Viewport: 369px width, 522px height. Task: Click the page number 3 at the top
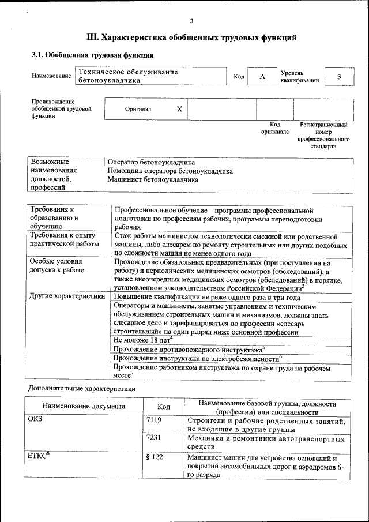tap(191, 21)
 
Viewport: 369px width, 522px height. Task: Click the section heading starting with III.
tap(191, 38)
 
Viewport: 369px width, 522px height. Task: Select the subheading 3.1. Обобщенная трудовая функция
tap(92, 55)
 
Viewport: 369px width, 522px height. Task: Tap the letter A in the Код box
tap(262, 77)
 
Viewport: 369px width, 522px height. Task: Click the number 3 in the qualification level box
tap(339, 77)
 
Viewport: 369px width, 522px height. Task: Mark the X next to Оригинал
tap(179, 108)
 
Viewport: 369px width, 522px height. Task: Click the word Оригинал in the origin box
tap(138, 108)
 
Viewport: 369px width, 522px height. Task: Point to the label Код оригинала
tap(274, 128)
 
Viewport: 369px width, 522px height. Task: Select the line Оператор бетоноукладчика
tap(151, 163)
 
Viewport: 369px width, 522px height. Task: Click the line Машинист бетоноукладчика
tap(153, 179)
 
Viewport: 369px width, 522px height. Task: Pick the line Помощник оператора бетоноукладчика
tap(170, 171)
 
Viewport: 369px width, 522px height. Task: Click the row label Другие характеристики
tap(67, 296)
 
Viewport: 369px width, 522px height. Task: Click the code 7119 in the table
tap(154, 420)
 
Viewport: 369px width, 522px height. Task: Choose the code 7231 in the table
tap(154, 438)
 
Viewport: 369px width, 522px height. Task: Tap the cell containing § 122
tap(155, 457)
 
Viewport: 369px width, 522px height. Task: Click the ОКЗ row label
tap(35, 420)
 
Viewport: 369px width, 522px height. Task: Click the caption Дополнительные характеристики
tap(82, 389)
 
